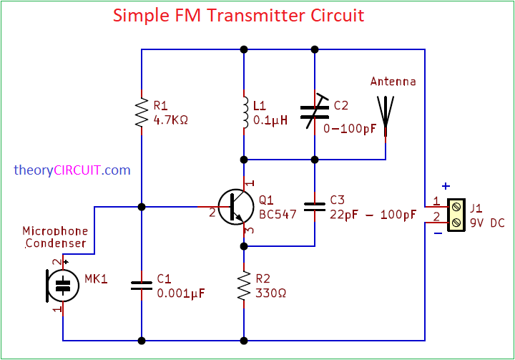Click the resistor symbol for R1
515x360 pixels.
(142, 112)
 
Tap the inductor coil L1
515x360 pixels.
(244, 112)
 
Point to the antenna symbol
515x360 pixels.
(386, 115)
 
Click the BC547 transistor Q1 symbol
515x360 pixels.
(235, 207)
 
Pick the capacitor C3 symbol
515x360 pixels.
(315, 207)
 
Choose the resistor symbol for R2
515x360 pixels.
(244, 285)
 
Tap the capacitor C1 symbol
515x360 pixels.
(142, 285)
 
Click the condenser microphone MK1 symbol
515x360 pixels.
(62, 285)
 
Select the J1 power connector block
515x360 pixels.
(455, 215)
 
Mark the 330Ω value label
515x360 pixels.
(272, 293)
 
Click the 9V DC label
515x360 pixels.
(487, 223)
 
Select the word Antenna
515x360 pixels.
(393, 82)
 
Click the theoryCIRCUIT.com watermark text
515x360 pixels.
(72, 170)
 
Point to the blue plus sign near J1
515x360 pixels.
(446, 187)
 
